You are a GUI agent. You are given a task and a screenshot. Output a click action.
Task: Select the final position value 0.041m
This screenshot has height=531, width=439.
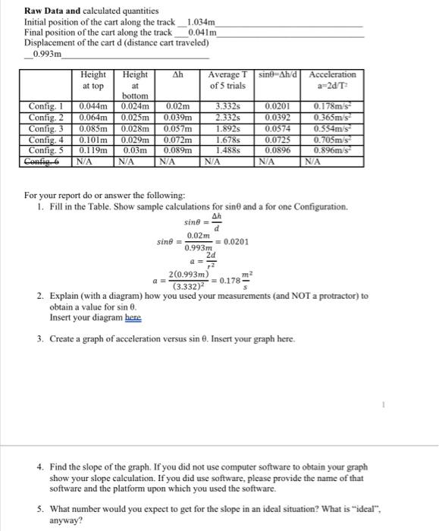click(202, 33)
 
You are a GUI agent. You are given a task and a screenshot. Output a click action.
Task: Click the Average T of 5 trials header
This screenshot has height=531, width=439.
click(228, 79)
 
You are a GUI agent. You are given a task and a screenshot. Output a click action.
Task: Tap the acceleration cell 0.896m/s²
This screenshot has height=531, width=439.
click(334, 151)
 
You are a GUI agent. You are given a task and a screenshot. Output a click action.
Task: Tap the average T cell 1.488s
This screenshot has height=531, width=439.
click(229, 151)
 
